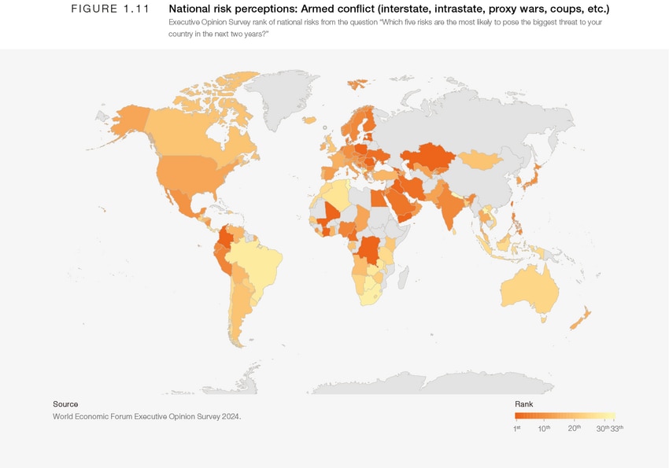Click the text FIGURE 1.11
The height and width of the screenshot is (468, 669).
click(109, 9)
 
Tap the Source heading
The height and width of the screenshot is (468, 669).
click(65, 404)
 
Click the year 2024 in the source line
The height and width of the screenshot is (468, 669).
click(230, 416)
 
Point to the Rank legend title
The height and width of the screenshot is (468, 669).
click(523, 404)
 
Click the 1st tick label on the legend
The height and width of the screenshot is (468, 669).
click(517, 428)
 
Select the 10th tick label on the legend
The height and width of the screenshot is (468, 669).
click(544, 428)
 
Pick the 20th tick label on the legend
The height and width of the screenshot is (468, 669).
click(575, 428)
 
